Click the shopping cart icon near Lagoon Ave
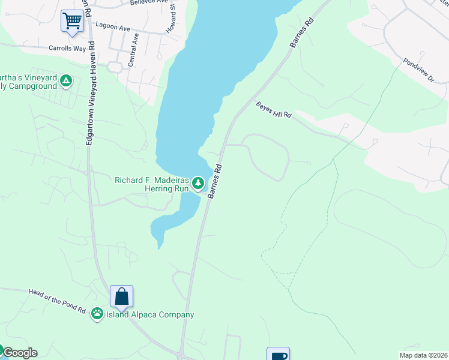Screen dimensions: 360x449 72,21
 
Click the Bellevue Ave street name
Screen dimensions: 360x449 148,2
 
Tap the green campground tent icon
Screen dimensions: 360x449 67,80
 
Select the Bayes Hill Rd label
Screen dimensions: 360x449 273,109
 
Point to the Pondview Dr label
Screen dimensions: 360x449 418,70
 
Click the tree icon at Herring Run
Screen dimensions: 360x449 198,182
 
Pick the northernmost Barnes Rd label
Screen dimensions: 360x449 301,33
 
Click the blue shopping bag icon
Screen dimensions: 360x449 121,296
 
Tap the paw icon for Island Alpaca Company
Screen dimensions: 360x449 97,314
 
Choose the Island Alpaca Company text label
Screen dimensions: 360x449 150,314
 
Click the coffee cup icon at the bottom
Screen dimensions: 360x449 279,355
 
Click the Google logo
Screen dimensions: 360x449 19,353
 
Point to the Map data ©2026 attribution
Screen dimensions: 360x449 423,355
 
